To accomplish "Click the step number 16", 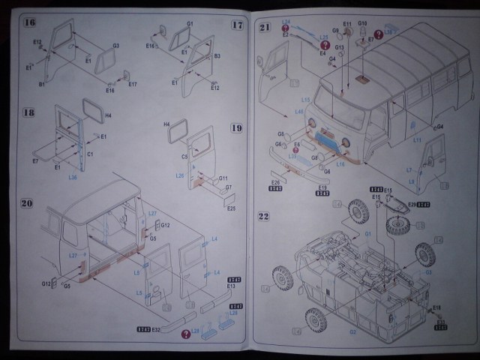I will [30, 21].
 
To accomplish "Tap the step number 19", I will [236, 128].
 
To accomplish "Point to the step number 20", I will [28, 203].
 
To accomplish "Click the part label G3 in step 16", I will [116, 46].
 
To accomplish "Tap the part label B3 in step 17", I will [217, 55].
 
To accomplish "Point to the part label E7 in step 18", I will [35, 161].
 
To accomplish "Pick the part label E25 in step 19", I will [230, 207].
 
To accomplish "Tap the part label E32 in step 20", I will [156, 328].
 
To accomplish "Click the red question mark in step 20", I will [184, 334].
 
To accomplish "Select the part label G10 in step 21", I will [362, 23].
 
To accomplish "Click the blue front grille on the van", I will [326, 139].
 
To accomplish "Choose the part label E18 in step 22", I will [436, 307].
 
